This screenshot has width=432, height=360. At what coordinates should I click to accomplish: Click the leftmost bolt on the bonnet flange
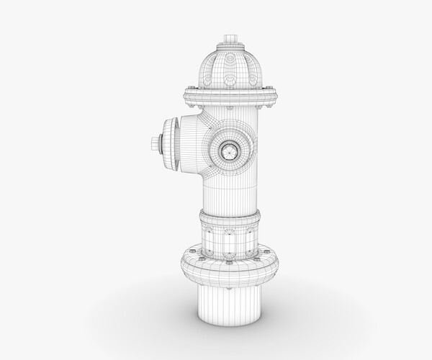click(187, 91)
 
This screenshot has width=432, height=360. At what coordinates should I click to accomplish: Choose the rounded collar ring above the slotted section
click(230, 217)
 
